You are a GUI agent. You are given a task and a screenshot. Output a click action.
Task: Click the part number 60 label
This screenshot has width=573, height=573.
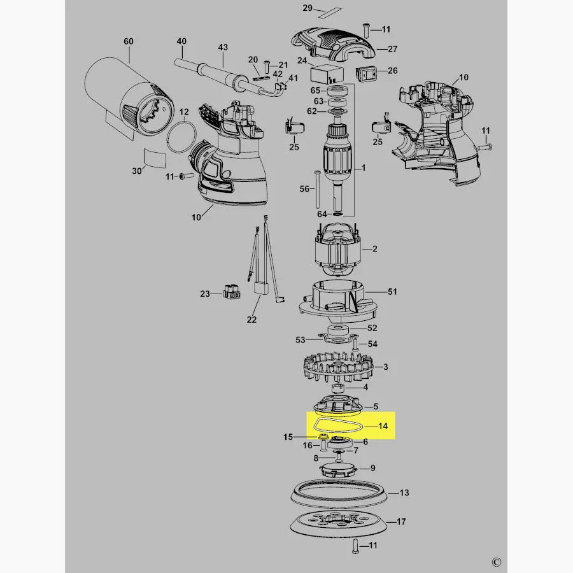coord(128,41)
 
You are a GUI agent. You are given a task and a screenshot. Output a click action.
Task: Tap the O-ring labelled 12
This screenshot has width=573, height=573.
coord(181,138)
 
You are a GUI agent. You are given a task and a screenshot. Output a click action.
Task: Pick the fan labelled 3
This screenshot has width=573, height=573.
coord(338,367)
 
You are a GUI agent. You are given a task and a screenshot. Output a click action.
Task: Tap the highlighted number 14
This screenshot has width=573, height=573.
coord(383,426)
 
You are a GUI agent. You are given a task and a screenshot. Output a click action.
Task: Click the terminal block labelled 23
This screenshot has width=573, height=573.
coord(232,291)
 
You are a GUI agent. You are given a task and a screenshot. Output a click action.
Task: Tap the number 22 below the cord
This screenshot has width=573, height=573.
coord(251,320)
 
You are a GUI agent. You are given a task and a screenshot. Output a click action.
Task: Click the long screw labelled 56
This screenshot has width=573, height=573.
coord(316,189)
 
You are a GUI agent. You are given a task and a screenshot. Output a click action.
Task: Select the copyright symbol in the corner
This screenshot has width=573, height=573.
coord(496,562)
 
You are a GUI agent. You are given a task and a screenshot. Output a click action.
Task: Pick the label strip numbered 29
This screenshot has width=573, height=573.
coord(330,13)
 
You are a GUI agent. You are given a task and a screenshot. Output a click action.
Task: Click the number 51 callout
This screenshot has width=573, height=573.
coord(392,292)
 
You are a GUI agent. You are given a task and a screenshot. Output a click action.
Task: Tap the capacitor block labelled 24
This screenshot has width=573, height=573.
coord(327,74)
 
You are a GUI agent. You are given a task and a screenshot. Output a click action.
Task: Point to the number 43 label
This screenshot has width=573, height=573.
coord(223,48)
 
